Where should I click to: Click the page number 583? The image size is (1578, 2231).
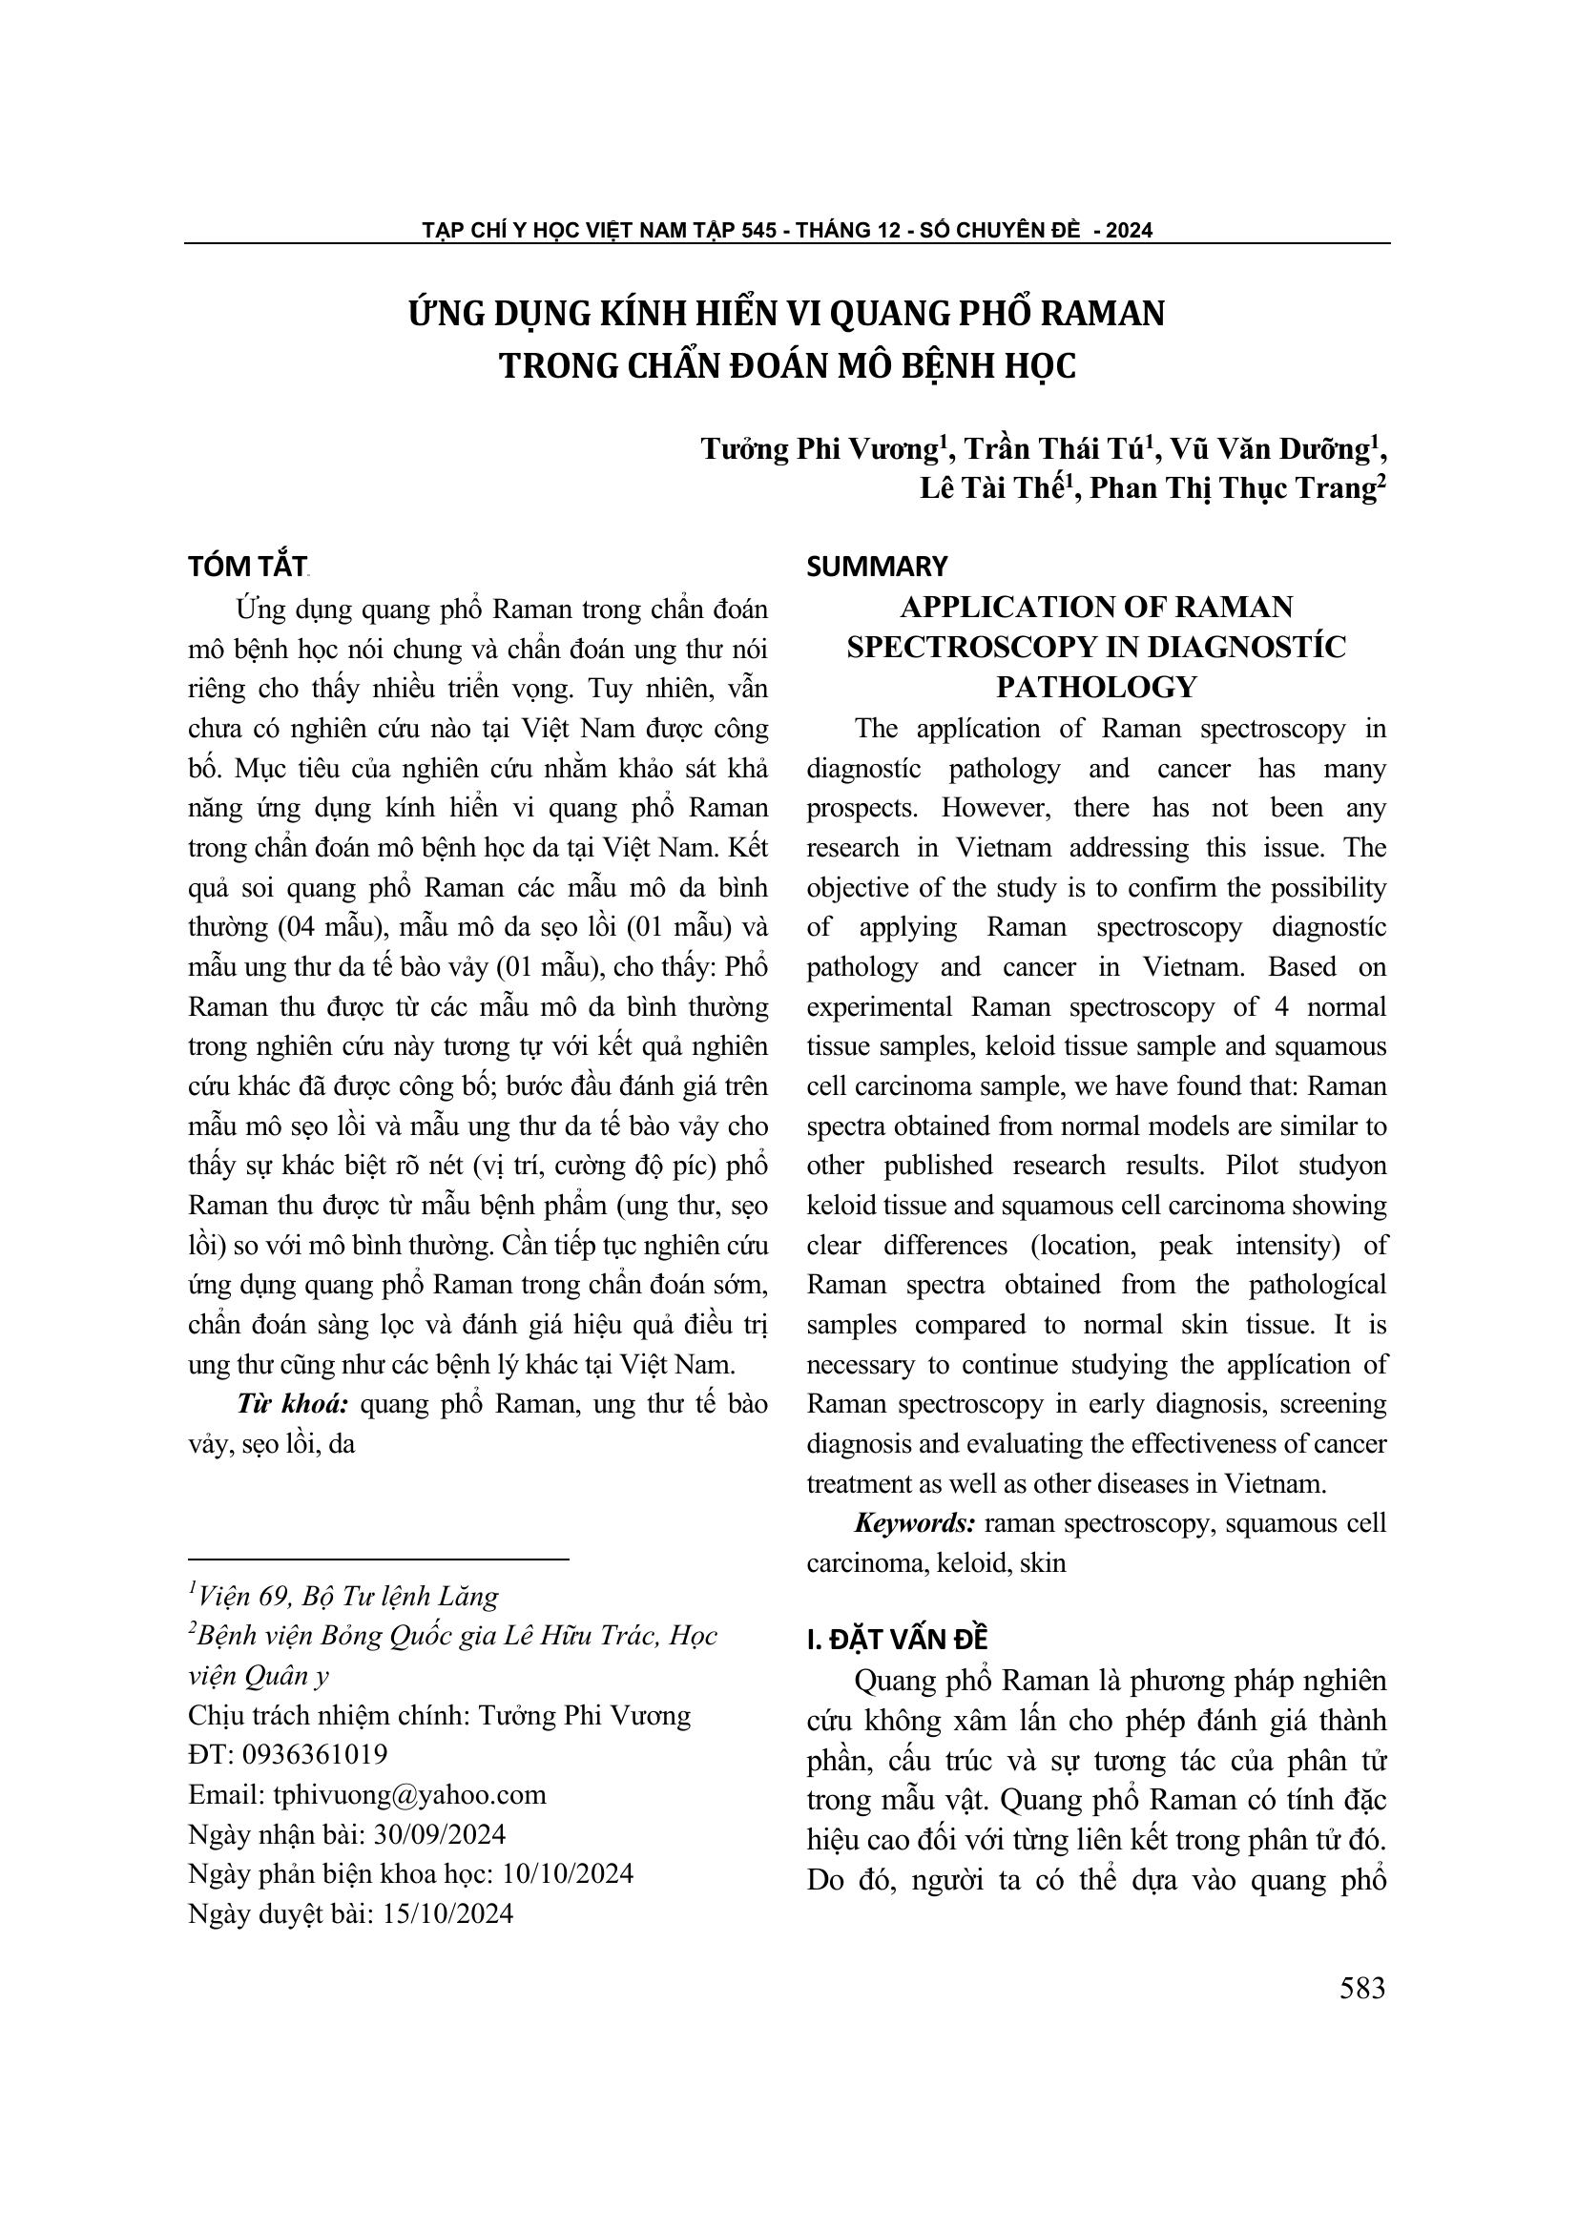tap(1361, 1988)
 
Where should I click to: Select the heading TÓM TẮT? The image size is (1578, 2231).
tap(248, 567)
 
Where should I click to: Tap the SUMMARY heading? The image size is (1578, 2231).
tap(877, 567)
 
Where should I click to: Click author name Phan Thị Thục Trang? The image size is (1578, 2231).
tap(1230, 488)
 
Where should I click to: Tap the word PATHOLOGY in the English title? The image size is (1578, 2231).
tap(1096, 687)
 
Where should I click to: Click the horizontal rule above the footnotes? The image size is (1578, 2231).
tap(378, 1560)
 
